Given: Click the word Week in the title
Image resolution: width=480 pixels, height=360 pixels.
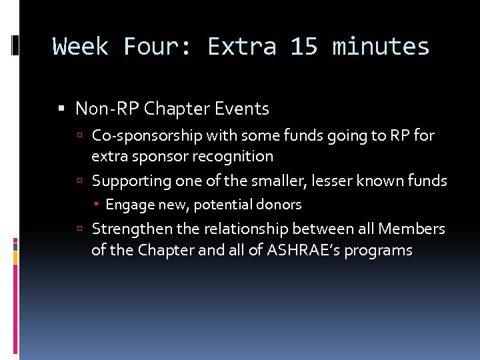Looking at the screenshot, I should tap(80, 47).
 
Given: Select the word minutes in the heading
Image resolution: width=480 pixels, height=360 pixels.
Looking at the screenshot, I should tap(381, 47).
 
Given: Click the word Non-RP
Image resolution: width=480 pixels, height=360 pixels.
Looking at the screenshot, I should tap(107, 108).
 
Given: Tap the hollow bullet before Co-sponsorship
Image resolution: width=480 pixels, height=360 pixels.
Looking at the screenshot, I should tap(79, 136).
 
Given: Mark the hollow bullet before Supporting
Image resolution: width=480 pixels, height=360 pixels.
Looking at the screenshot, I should tap(79, 181).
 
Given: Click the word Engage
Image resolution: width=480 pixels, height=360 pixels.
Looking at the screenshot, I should tap(127, 205).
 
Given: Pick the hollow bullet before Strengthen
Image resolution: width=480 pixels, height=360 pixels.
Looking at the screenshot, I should tap(79, 229).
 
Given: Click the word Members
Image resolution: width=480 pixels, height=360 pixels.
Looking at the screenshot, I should tap(411, 229).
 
